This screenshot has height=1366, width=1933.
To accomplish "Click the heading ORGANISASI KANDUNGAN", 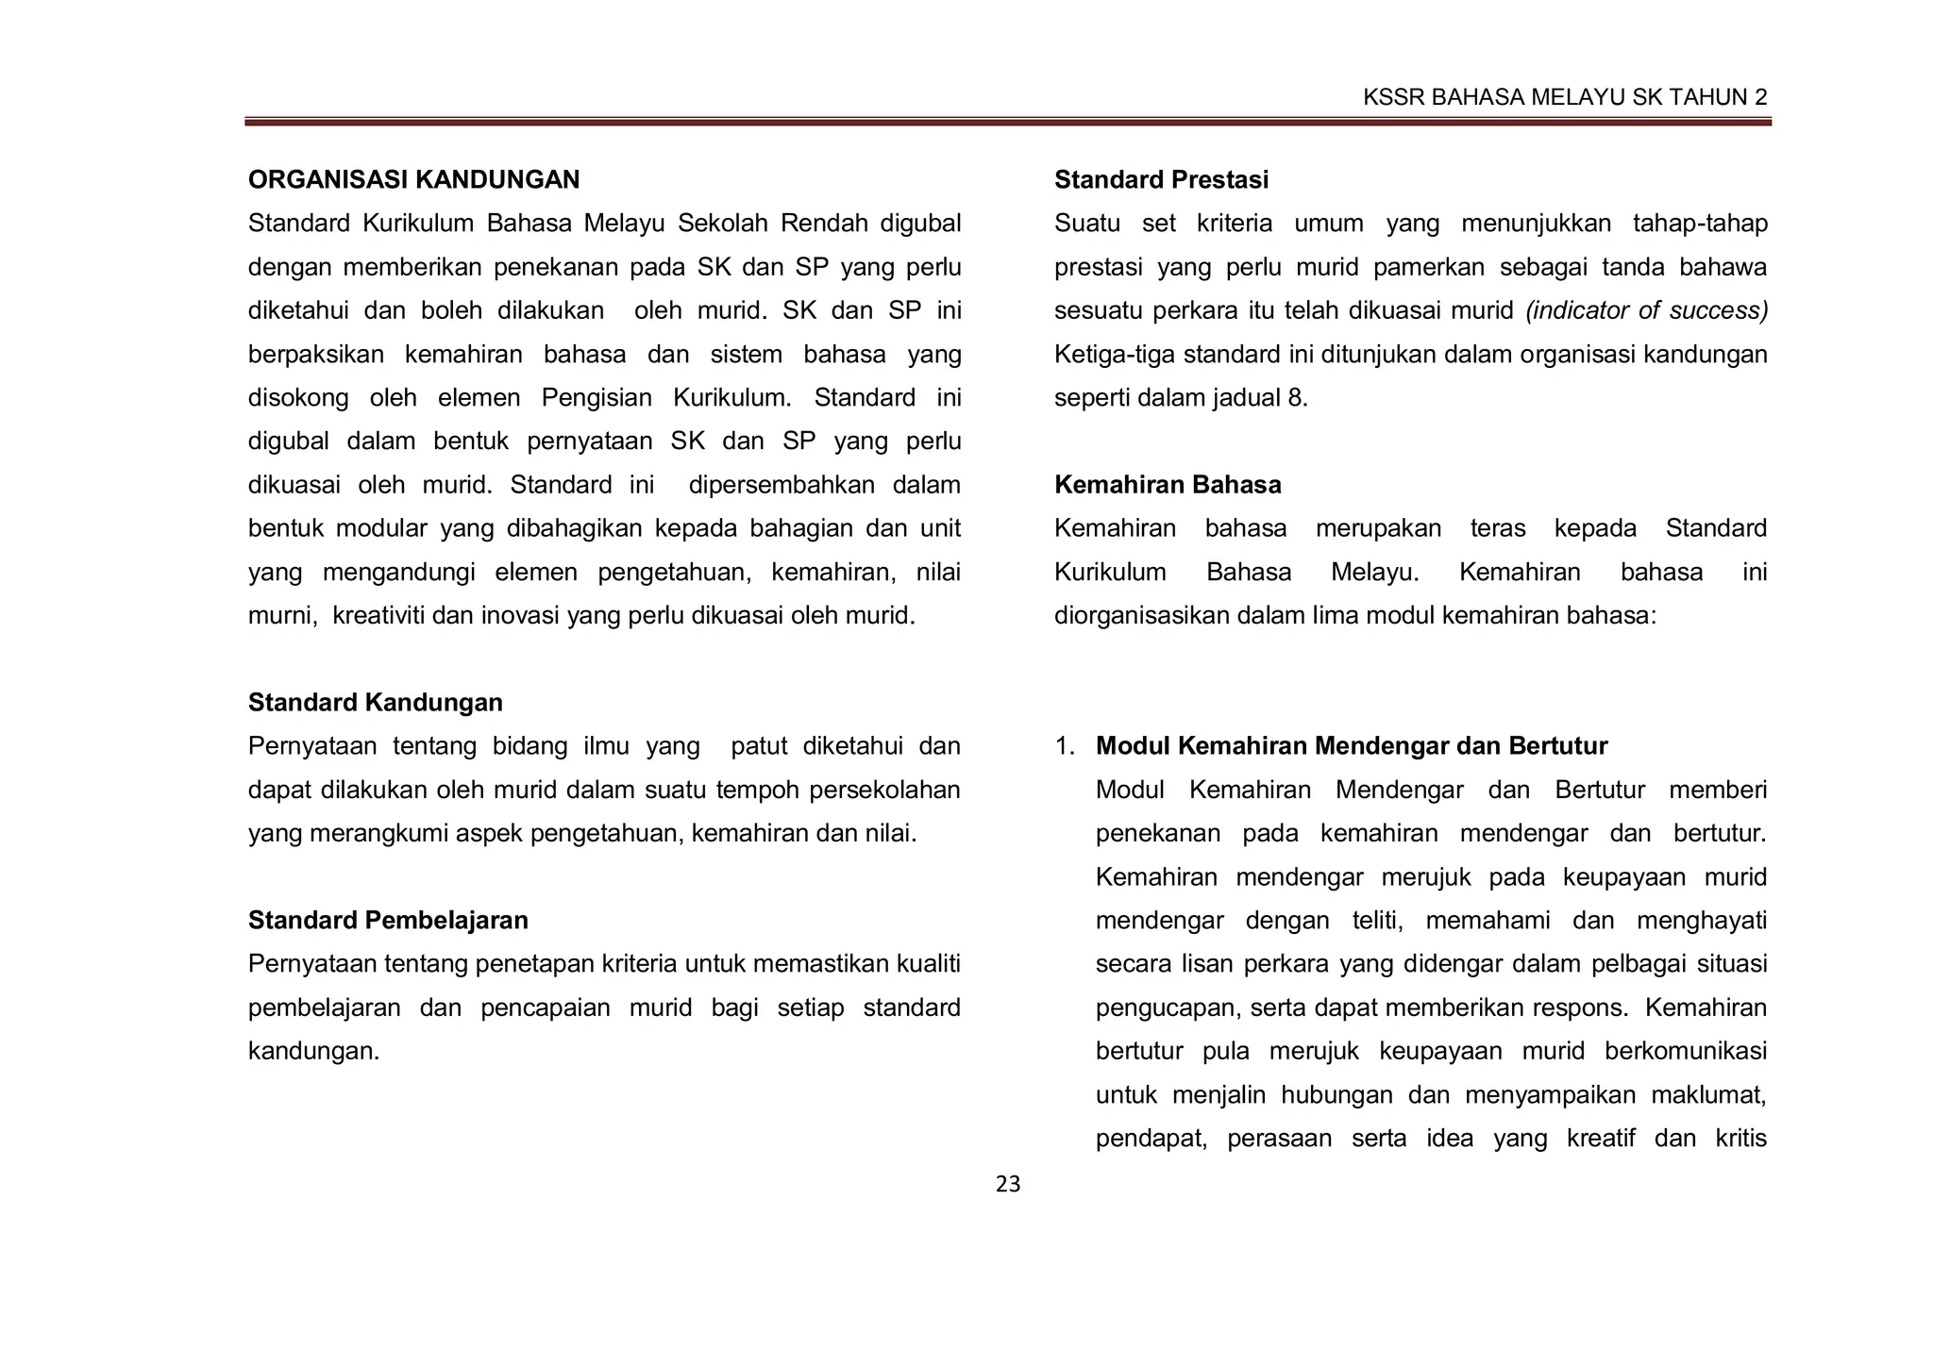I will [413, 179].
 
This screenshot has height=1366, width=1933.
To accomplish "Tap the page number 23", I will [1008, 1185].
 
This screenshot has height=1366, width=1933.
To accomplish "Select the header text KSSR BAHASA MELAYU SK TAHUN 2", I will [1565, 97].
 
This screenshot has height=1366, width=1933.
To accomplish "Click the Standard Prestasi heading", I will [1161, 179].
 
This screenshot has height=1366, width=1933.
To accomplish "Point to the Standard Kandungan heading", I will [375, 703].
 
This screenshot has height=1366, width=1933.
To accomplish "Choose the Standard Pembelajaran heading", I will [388, 921].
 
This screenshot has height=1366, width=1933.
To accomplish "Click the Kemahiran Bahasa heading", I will [1168, 485].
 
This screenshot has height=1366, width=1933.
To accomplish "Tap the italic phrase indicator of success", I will [1646, 310].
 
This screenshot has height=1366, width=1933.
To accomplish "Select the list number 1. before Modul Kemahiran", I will [1065, 746].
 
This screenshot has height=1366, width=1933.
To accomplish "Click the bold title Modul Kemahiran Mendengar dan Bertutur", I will [1351, 746].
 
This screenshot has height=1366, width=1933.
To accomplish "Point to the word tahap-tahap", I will [1699, 224].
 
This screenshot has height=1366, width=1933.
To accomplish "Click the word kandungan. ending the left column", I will [313, 1051].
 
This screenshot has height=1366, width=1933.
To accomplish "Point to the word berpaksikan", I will [315, 355].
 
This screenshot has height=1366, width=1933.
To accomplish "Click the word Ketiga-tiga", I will [1115, 355].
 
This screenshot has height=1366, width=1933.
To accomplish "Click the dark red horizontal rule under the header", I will [1008, 122].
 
